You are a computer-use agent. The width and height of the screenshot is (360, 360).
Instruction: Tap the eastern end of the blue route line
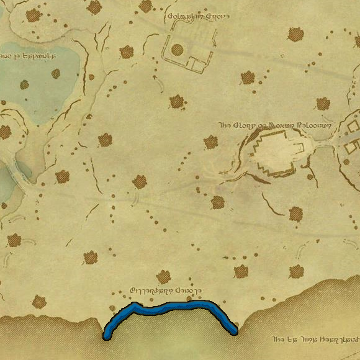[x=235, y=331]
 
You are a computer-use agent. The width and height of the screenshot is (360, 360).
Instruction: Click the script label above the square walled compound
[x=197, y=16]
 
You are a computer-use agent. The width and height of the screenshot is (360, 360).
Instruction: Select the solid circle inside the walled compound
[x=177, y=49]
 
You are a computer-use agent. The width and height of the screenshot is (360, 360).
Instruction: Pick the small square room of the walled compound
[x=197, y=63]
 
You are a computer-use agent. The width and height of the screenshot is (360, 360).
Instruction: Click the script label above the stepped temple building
[x=276, y=125]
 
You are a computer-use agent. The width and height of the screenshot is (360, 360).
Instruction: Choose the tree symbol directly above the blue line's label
[x=164, y=276]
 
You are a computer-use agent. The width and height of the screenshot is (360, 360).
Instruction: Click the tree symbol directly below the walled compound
[x=178, y=101]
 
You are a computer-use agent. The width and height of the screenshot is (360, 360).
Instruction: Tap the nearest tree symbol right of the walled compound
[x=248, y=77]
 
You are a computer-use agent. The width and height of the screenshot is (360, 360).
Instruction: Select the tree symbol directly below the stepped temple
[x=295, y=214]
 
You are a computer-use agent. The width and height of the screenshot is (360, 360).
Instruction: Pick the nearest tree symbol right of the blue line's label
[x=240, y=271]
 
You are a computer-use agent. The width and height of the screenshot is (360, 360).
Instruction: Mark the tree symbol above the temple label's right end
[x=323, y=103]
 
